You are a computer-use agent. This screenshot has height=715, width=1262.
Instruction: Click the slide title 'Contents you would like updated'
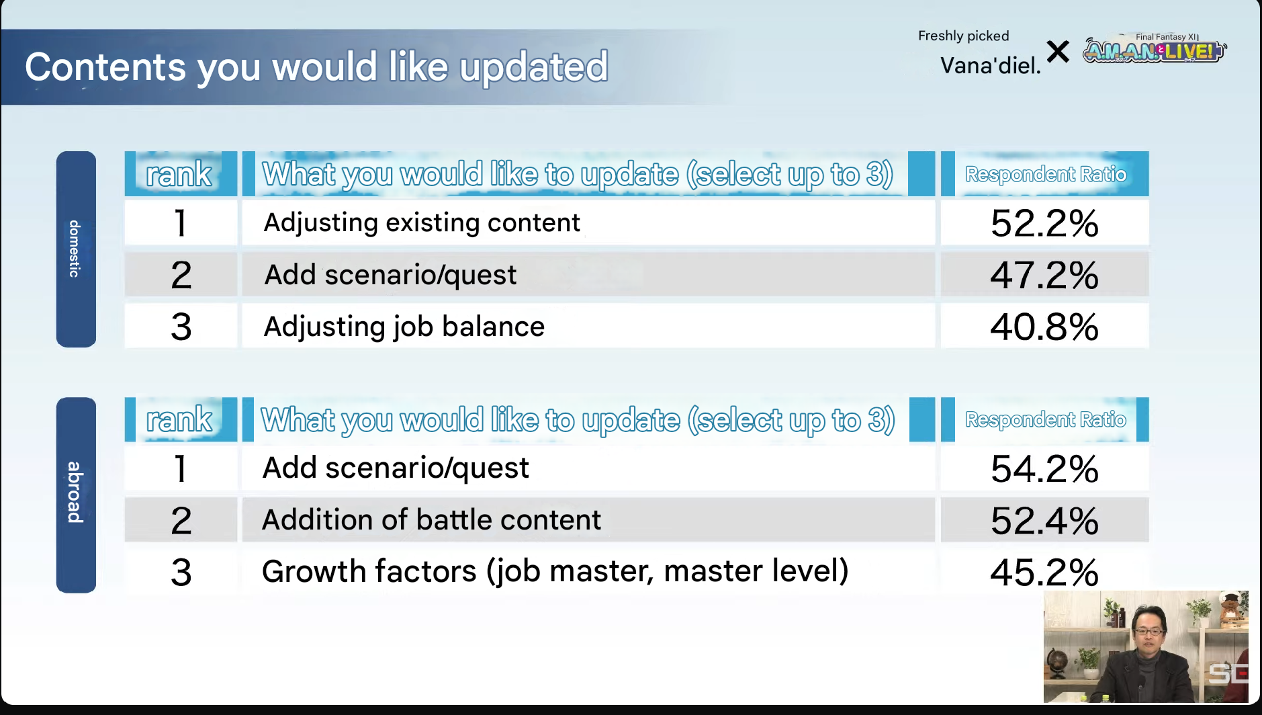[x=316, y=67]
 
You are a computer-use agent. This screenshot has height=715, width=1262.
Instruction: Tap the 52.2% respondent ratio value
[x=1044, y=223]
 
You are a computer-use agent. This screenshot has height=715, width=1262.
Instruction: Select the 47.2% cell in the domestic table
[x=1044, y=275]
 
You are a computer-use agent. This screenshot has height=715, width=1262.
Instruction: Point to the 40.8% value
[x=1044, y=327]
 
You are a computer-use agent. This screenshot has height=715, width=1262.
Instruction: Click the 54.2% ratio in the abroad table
[x=1044, y=468]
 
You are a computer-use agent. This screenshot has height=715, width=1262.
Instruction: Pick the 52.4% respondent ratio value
[x=1044, y=521]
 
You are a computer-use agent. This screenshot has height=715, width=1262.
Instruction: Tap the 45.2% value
[x=1044, y=573]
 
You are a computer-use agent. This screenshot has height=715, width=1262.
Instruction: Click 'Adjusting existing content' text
[x=422, y=222]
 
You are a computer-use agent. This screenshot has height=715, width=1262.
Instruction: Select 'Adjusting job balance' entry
[x=404, y=327]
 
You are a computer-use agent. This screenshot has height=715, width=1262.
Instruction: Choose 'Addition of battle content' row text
[x=431, y=519]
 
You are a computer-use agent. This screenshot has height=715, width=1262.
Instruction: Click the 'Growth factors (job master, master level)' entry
[x=555, y=571]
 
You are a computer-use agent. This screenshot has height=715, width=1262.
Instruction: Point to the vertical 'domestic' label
[x=75, y=249]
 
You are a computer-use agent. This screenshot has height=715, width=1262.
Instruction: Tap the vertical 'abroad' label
[x=75, y=493]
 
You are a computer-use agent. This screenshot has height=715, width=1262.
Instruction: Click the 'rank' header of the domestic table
[x=179, y=174]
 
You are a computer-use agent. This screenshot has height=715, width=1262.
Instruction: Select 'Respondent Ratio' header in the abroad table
[x=1046, y=419]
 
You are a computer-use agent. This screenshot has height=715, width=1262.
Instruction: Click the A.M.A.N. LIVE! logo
[x=1155, y=49]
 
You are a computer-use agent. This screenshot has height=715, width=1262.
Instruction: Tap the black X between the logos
[x=1058, y=51]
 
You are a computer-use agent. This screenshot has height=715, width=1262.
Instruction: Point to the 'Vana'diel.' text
[x=991, y=65]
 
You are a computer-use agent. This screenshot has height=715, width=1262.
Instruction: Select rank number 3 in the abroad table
[x=181, y=573]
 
